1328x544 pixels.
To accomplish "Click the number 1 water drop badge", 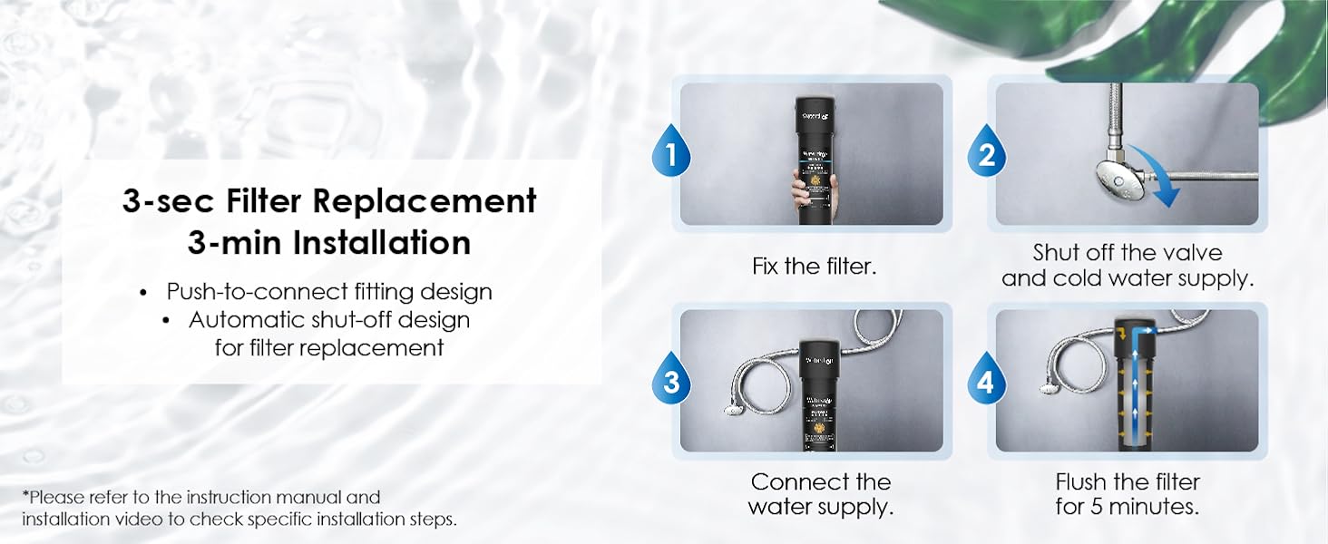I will pyautogui.click(x=671, y=155).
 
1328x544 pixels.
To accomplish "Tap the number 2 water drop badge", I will pyautogui.click(x=986, y=155).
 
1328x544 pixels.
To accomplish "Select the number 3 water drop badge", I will pyautogui.click(x=671, y=382).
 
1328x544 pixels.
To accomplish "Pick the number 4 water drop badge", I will pyautogui.click(x=986, y=382).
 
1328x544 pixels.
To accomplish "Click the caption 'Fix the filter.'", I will pyautogui.click(x=814, y=267).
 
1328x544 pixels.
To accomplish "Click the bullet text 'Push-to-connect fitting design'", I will pyautogui.click(x=328, y=292).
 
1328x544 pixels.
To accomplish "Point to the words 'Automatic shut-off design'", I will pyautogui.click(x=329, y=320).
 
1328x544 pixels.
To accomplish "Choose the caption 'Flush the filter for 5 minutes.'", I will pyautogui.click(x=1128, y=494).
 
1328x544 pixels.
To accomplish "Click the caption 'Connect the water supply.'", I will pyautogui.click(x=821, y=494).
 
